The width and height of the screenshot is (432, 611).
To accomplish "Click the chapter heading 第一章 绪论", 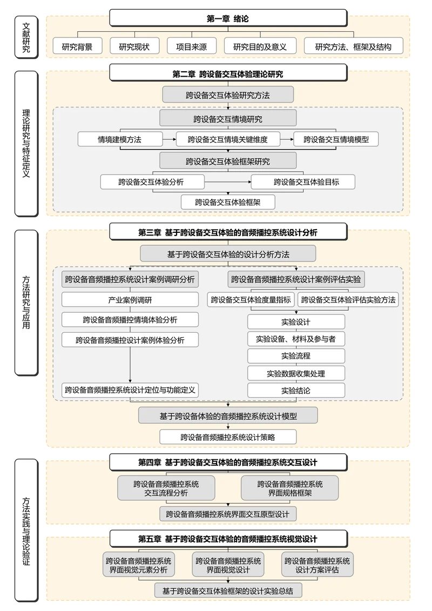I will tap(228, 18).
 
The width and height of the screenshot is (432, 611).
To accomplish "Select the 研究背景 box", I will tap(77, 46).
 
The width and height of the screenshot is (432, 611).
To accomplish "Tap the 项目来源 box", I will tap(191, 46).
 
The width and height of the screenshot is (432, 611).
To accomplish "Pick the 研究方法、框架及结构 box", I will tap(353, 46).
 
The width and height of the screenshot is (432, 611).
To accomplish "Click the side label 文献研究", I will tap(26, 36).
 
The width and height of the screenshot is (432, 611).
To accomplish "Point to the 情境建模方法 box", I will tap(120, 139).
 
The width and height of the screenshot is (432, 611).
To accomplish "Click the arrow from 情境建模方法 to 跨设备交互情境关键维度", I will tap(170, 139).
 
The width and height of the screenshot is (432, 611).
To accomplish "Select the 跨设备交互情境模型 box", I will tap(336, 139).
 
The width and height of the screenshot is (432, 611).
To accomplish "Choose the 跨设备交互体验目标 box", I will tap(303, 182).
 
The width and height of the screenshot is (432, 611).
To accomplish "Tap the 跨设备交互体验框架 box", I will tap(228, 202).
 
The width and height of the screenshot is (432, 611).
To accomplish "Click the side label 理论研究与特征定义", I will tap(26, 143).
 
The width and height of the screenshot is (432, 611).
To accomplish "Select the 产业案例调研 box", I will tap(130, 300).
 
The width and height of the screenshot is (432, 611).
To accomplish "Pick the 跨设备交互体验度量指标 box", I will tap(251, 300).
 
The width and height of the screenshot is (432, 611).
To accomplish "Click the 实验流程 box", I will tap(296, 356).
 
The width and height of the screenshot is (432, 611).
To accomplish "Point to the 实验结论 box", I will tap(296, 390).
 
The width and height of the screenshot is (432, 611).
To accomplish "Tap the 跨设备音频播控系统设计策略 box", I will tap(228, 437).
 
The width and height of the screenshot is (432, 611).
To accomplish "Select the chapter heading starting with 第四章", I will tap(228, 462).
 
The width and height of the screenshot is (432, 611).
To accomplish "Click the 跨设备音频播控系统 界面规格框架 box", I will tap(290, 488).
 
